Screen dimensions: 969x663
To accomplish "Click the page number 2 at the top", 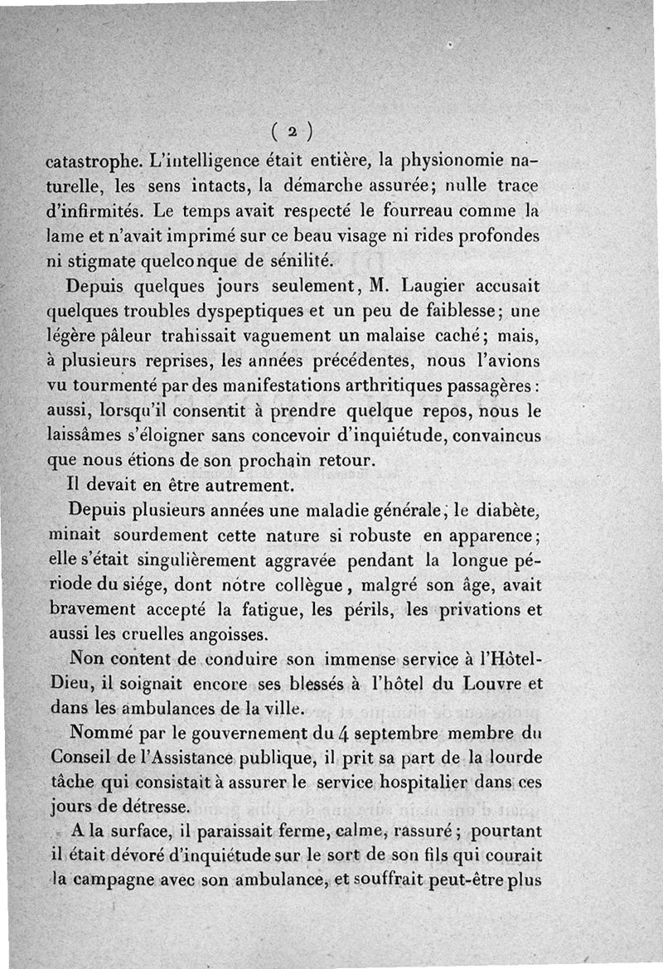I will (292, 130).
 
